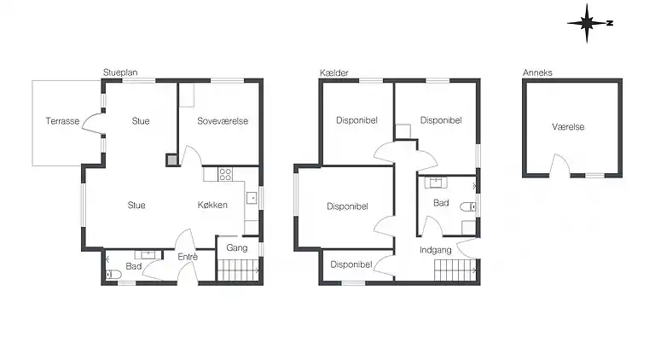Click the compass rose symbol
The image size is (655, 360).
(588, 23)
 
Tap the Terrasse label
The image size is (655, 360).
(62, 121)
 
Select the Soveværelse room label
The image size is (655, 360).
(223, 121)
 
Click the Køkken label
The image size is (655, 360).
(212, 205)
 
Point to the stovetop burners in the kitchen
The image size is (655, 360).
(225, 174)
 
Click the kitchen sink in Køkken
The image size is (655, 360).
(252, 198)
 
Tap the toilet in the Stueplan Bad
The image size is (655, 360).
(113, 274)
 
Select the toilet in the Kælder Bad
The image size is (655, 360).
(468, 206)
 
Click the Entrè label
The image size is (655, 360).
(188, 257)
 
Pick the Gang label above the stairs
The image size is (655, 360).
(237, 247)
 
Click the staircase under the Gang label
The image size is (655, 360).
(238, 270)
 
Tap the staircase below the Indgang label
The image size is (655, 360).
(455, 270)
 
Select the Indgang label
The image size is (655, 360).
(436, 250)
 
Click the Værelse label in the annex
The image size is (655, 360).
(568, 127)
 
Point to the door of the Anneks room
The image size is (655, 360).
(559, 165)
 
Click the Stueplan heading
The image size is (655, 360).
(120, 73)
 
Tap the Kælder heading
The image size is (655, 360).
(333, 73)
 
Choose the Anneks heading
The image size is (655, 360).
(537, 73)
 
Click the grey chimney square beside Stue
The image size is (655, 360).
(171, 160)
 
